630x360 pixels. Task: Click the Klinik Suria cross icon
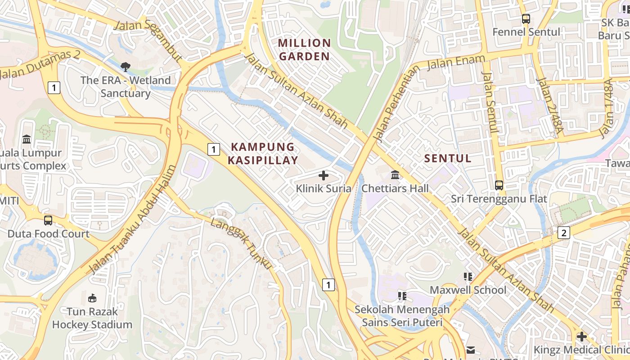click(324, 175)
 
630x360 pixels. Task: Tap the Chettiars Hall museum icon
click(395, 175)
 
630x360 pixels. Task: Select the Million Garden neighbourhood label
click(304, 49)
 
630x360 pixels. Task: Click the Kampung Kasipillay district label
click(263, 153)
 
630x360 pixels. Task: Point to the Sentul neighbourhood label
click(448, 158)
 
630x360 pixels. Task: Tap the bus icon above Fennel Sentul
click(526, 19)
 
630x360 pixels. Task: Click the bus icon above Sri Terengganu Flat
click(499, 185)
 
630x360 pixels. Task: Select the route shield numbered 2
click(563, 233)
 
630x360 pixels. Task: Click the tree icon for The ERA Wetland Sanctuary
click(126, 67)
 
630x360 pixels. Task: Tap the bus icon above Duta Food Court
click(48, 220)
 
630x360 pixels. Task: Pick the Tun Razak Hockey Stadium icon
click(92, 298)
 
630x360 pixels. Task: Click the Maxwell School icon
click(468, 276)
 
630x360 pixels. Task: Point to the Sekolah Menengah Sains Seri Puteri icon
click(402, 296)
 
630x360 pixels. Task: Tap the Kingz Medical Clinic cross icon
click(582, 336)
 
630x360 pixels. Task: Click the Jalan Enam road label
click(456, 62)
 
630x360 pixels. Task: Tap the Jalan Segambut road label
click(149, 39)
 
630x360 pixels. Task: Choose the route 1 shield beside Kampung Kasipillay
click(214, 149)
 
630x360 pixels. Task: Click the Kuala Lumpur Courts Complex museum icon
click(27, 139)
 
